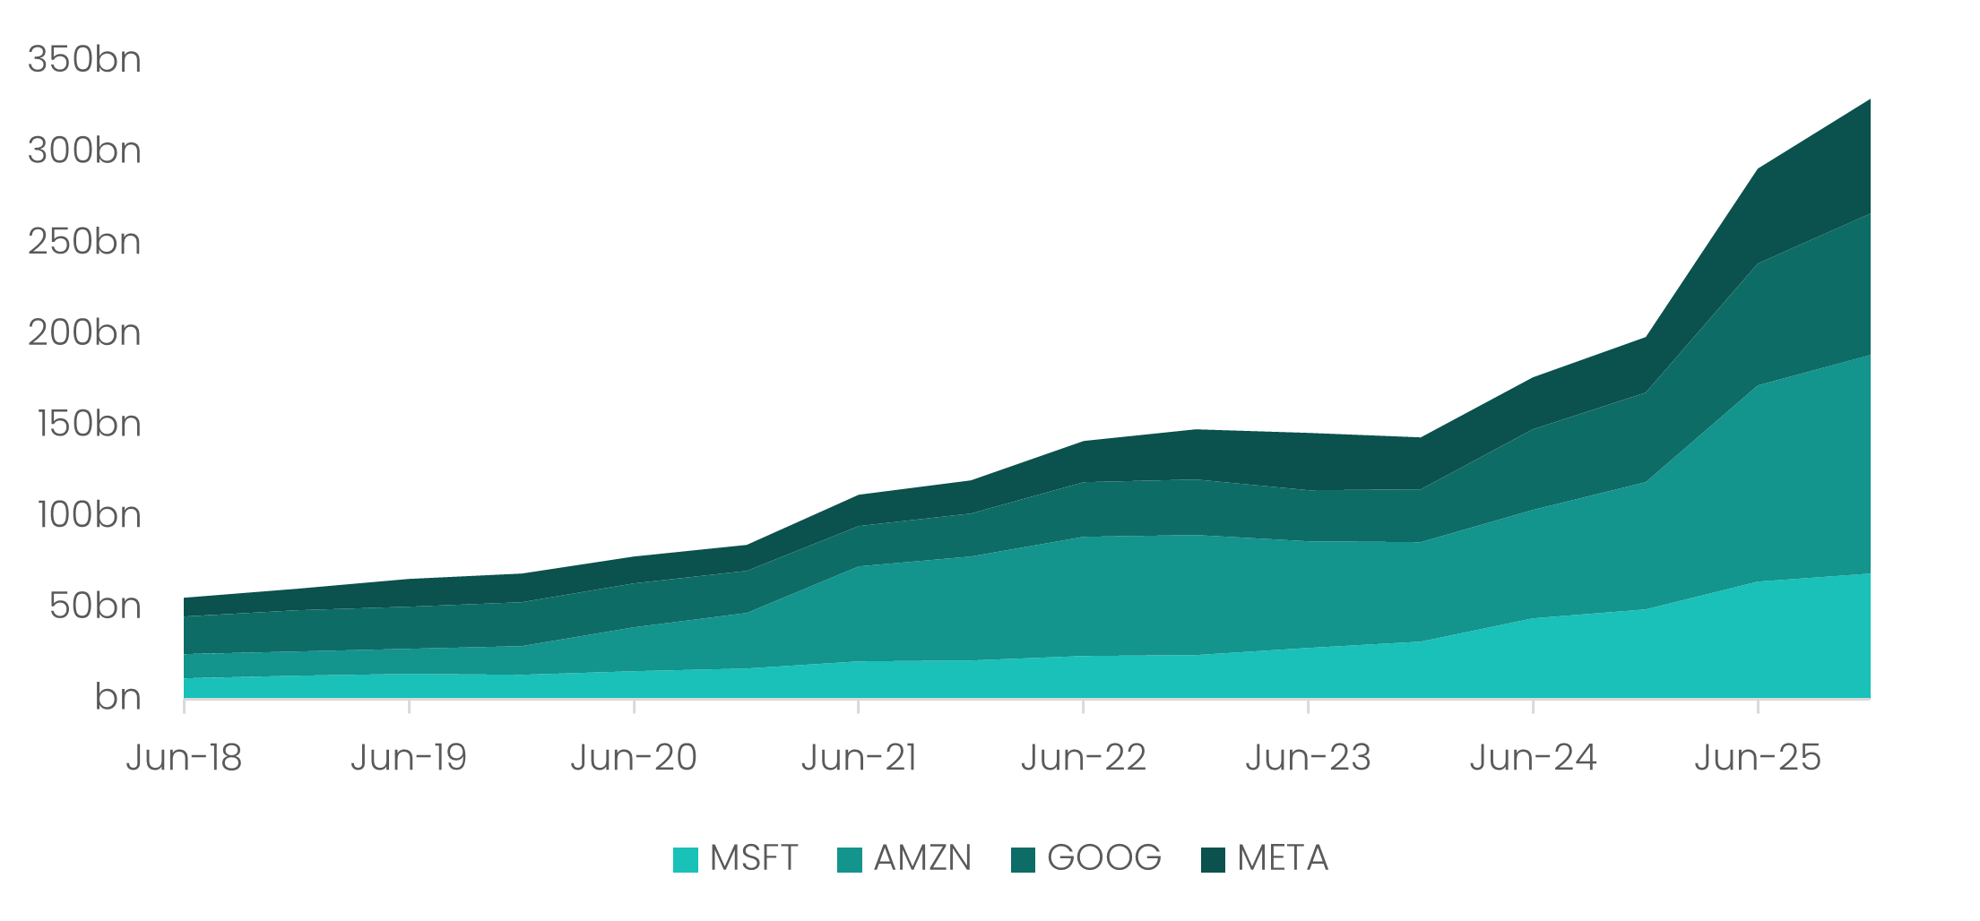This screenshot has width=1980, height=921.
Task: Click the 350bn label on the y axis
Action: [x=84, y=60]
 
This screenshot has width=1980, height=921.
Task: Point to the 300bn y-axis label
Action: [x=84, y=151]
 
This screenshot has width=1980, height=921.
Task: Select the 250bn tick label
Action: [x=84, y=242]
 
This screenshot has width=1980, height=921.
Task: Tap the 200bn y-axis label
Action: [x=84, y=333]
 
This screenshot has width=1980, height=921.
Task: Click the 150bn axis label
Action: [x=89, y=424]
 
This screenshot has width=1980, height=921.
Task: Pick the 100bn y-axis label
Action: [x=89, y=515]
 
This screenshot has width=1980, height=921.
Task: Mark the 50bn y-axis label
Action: [x=95, y=607]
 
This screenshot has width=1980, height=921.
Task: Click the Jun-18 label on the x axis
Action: [x=184, y=758]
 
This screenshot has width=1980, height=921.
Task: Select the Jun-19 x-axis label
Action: [x=409, y=758]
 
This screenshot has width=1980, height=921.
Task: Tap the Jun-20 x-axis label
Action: [x=634, y=758]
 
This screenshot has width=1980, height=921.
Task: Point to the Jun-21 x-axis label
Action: [x=859, y=758]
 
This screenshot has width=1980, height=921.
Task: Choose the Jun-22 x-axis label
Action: [x=1084, y=758]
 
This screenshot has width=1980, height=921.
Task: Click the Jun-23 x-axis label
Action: [x=1308, y=758]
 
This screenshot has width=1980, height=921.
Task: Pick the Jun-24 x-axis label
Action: [x=1533, y=758]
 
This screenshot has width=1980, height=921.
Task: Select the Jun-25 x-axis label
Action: [x=1758, y=758]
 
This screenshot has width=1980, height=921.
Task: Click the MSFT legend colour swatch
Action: [x=686, y=860]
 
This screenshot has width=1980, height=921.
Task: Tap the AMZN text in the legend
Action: [x=922, y=858]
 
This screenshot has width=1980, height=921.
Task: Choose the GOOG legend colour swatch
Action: [x=1023, y=860]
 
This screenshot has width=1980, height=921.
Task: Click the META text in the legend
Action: [x=1283, y=858]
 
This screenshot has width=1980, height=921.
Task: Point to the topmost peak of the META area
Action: [x=1869, y=100]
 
